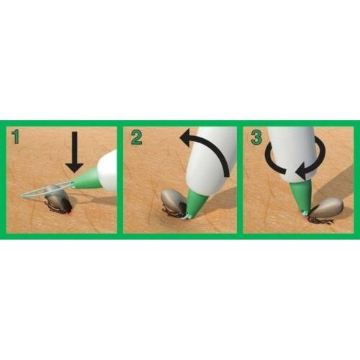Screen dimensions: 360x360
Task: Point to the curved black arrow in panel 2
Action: [210, 148]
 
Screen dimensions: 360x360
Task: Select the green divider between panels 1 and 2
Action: [120, 180]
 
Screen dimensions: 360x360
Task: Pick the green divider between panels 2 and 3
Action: [240, 180]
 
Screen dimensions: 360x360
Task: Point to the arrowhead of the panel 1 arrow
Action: [74, 167]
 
